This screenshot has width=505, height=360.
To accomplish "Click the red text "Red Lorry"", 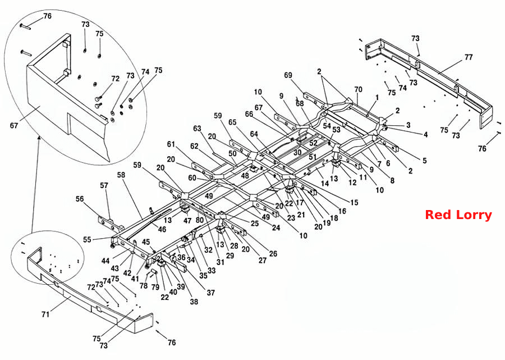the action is point(458,215).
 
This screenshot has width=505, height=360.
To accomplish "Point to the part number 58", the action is point(121,175).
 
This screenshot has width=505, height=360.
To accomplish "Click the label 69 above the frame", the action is point(288,75).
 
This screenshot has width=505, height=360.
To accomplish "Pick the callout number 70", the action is point(358,89).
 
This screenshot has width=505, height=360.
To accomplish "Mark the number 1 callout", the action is point(377,97).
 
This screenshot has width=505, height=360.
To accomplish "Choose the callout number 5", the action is point(425,160).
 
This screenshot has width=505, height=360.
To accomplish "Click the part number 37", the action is point(210,293).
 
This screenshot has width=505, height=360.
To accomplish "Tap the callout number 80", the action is point(200,221).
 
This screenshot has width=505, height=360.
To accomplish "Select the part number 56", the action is point(80,199).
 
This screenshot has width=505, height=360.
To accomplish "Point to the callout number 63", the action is point(197,129).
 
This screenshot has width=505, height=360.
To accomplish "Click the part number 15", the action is point(354,202).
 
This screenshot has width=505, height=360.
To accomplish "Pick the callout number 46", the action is point(162,229).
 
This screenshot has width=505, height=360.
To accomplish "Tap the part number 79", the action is point(155,286).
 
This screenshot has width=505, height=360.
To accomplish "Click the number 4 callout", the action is point(425,134).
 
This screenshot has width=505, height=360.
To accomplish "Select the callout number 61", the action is point(171,144).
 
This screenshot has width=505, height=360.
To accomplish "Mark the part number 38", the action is point(194,302).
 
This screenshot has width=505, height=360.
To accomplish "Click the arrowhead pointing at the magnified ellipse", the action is point(39,138).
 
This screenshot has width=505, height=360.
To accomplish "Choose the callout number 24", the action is point(276,227).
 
